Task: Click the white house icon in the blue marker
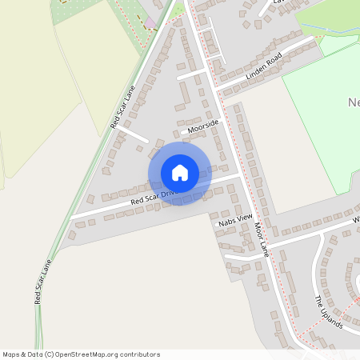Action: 180,173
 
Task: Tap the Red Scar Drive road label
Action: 152,195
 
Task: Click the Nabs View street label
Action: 235,220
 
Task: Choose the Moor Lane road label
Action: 263,236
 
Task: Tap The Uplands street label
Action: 328,313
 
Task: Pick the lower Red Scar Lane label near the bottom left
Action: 43,281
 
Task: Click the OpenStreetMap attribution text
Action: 81,354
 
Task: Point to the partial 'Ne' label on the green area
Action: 354,102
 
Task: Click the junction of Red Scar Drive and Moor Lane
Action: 240,175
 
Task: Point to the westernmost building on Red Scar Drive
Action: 72,235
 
